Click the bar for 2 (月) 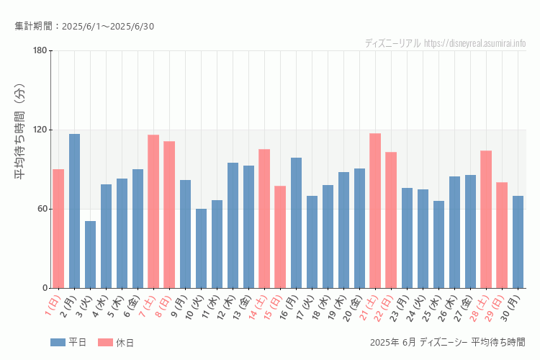(x=74, y=211)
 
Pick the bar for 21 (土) (x=375, y=210)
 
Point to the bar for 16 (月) (x=296, y=222)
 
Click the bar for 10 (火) (x=201, y=248)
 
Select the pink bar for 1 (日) (x=58, y=228)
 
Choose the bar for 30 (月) (x=518, y=242)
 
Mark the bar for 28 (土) (x=486, y=219)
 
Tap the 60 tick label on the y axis (x=42, y=209)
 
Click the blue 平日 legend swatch (x=58, y=342)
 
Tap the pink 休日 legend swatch (x=104, y=342)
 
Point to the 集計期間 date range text (x=84, y=27)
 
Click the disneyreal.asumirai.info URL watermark (x=475, y=43)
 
